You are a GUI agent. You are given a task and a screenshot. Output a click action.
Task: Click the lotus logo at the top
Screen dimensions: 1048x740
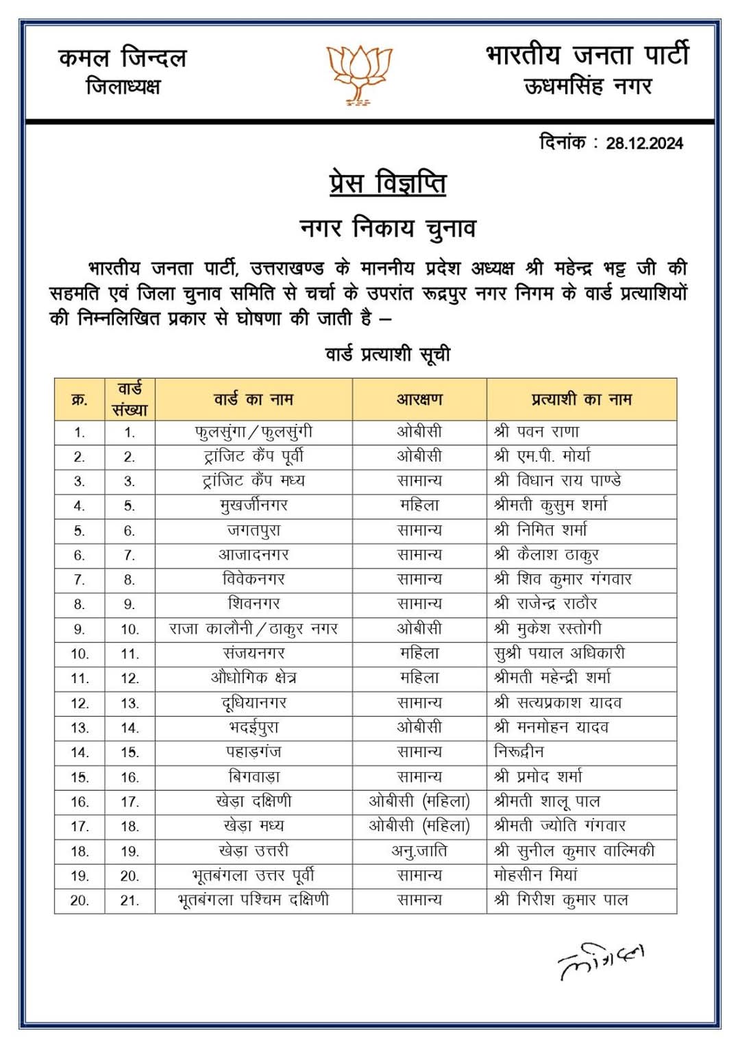point(359,74)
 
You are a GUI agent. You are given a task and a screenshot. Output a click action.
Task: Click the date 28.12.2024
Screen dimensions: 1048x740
point(644,143)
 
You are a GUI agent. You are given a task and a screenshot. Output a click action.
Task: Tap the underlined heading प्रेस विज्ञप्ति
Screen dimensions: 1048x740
point(388,184)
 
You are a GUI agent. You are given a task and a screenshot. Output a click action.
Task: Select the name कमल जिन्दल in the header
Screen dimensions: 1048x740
point(123,58)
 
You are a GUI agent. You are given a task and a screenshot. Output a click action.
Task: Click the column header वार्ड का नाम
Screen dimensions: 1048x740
point(254,399)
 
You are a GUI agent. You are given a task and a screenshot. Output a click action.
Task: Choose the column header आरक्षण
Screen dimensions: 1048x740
point(419,399)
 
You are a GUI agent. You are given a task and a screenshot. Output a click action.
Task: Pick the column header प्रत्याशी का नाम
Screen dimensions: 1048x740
point(581,399)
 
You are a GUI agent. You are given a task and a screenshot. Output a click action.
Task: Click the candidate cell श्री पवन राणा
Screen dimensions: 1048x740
point(536,432)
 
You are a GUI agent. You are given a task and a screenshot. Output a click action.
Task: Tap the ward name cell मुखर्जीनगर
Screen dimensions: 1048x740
point(254,506)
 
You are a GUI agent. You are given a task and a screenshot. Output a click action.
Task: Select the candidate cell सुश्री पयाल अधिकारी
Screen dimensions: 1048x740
point(559,654)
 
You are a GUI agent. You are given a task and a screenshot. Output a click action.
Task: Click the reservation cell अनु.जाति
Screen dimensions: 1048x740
point(419,851)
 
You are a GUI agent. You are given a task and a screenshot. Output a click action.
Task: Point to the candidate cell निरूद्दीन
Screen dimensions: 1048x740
point(519,752)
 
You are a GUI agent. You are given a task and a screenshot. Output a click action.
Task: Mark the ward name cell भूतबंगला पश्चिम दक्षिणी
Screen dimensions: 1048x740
point(254,900)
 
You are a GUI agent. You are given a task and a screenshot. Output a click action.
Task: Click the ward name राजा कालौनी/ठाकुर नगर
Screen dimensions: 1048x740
point(254,629)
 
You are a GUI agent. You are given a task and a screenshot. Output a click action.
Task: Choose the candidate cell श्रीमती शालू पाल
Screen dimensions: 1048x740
point(547,802)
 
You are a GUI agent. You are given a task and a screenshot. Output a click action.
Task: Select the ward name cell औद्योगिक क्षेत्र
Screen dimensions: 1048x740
point(254,678)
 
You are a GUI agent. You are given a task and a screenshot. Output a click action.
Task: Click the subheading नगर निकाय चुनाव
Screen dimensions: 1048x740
point(388,228)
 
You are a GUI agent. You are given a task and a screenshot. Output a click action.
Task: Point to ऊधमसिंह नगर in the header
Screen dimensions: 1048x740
point(588,87)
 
